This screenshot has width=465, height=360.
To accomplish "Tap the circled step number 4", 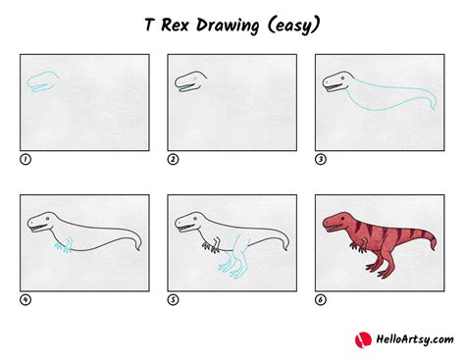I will pyautogui.click(x=25, y=300).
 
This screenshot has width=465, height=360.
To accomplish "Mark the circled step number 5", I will pyautogui.click(x=172, y=300).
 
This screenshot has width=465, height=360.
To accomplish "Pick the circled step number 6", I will pyautogui.click(x=320, y=300).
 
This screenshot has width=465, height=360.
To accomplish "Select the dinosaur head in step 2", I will pyautogui.click(x=189, y=83).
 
